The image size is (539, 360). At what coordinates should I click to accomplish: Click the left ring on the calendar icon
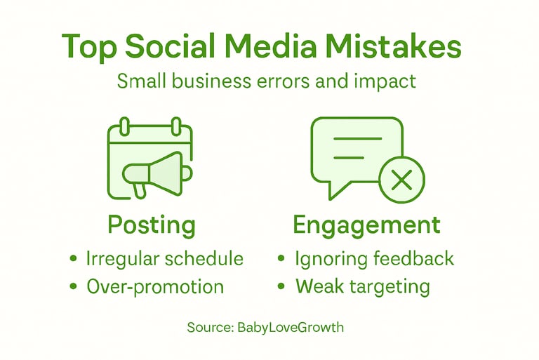click(x=125, y=127)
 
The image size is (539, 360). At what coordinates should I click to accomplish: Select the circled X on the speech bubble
click(x=401, y=180)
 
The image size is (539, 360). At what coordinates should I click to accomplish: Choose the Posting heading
click(x=151, y=226)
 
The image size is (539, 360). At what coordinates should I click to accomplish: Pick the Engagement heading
click(x=366, y=225)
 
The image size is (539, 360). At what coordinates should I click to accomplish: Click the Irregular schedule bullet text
click(x=164, y=258)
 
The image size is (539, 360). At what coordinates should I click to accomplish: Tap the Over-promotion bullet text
click(x=154, y=286)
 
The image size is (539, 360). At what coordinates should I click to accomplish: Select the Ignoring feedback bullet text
click(x=375, y=258)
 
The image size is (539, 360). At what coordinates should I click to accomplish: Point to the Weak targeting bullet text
click(x=362, y=286)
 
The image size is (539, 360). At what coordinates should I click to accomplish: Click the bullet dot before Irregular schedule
click(x=74, y=259)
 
